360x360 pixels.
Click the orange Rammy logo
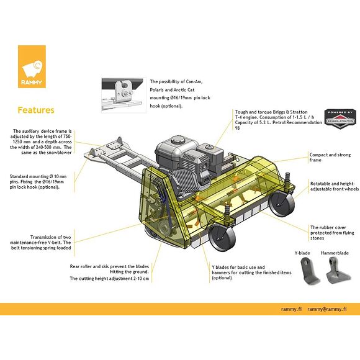tap(32, 66)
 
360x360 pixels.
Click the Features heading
tap(36, 110)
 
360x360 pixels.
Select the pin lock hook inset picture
tap(124, 96)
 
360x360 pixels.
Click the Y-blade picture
tap(309, 271)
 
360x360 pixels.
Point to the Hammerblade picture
tap(338, 270)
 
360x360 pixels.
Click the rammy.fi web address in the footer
tap(291, 309)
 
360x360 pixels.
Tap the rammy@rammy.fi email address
tap(326, 309)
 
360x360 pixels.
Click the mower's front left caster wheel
tap(222, 236)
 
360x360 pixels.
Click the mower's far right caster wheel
tap(281, 203)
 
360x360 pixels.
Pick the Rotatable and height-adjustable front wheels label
tap(335, 186)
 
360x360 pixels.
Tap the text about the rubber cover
tap(332, 233)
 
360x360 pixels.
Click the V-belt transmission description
tap(40, 243)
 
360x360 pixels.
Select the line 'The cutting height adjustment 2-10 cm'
tap(109, 279)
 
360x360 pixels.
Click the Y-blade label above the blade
tap(302, 253)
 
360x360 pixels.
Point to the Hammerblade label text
tap(335, 253)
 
